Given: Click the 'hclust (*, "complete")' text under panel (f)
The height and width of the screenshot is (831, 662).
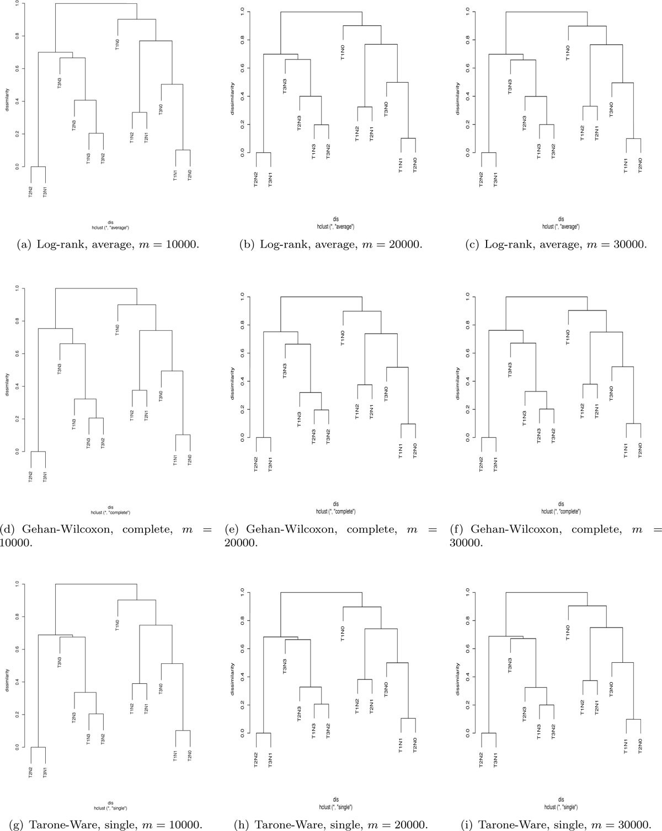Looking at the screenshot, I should tap(560, 512).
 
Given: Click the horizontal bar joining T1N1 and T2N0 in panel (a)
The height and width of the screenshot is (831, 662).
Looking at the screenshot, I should tap(183, 150).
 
